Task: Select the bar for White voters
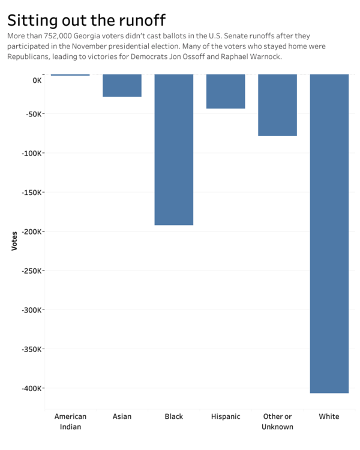coord(329,233)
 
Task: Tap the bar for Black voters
coord(174,149)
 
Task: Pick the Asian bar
coord(122,85)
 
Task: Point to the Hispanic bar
coord(226,91)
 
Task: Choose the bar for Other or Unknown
coord(277,105)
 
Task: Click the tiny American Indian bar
coord(70,75)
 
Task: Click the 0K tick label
coord(37,80)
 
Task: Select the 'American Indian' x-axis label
coord(70,421)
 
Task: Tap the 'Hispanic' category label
coord(226,416)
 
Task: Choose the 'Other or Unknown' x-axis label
coord(277,421)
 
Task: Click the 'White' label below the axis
coord(329,416)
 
